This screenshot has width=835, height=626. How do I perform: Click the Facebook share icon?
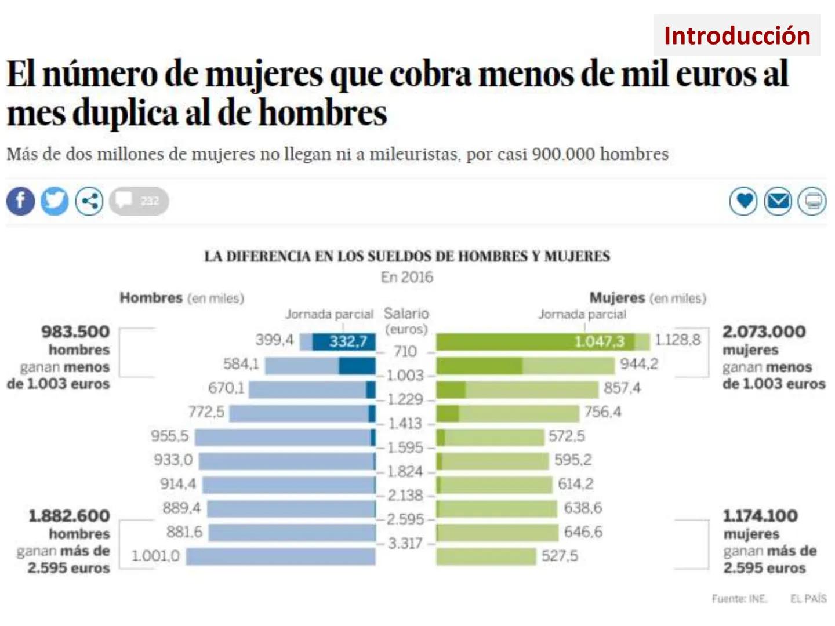coord(20,201)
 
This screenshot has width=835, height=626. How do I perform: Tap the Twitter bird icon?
coord(55,201)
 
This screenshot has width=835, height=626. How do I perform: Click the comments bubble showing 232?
coord(139,201)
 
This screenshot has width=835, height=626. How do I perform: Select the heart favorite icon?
coord(743,201)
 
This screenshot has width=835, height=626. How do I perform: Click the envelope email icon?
coord(778,201)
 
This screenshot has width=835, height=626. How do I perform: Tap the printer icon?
coord(812,201)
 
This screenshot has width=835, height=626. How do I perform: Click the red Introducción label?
coord(736,35)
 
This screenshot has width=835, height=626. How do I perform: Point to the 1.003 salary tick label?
coord(405,376)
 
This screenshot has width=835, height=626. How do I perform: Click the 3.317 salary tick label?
coord(405,544)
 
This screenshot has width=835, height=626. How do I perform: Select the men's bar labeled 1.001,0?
coord(281,556)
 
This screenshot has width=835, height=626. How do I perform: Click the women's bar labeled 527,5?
coord(486,556)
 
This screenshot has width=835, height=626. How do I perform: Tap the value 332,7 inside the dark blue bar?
coord(348,341)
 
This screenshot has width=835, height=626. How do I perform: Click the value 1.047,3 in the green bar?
coord(599,341)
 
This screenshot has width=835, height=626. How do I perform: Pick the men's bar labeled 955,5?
coord(284,437)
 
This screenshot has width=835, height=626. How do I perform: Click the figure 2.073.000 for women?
coord(764,332)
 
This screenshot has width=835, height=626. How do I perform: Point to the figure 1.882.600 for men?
coord(69,516)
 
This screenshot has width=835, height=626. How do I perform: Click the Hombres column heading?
coord(151,298)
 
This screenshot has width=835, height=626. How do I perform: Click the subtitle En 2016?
coord(406,277)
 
